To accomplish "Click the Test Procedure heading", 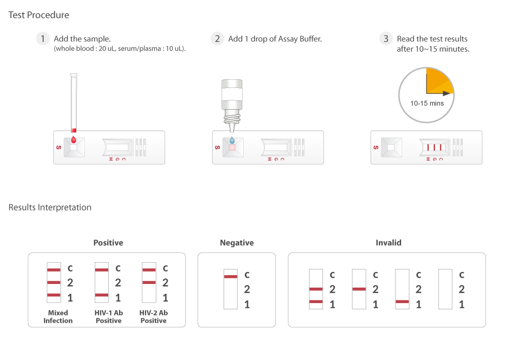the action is pyautogui.click(x=38, y=15).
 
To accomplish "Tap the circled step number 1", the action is pyautogui.click(x=43, y=39).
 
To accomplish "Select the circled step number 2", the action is pyautogui.click(x=217, y=39).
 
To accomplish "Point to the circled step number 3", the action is pyautogui.click(x=386, y=39).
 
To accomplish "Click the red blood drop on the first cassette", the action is pyautogui.click(x=73, y=140).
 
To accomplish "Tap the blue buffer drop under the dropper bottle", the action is pyautogui.click(x=232, y=140).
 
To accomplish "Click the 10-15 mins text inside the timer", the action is pyautogui.click(x=427, y=103).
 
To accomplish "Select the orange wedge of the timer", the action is pyautogui.click(x=438, y=81).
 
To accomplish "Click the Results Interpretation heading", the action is pyautogui.click(x=50, y=207).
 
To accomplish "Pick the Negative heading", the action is pyautogui.click(x=237, y=243).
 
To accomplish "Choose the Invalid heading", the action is pyautogui.click(x=388, y=243).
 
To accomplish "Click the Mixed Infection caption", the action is pyautogui.click(x=58, y=317).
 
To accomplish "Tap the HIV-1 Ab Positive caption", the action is pyautogui.click(x=109, y=317).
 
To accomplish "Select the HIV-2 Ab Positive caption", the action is pyautogui.click(x=153, y=317).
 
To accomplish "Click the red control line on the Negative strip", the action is pyautogui.click(x=230, y=277).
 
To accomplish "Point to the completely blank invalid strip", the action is pyautogui.click(x=445, y=289).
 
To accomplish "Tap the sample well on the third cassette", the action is pyautogui.click(x=391, y=147).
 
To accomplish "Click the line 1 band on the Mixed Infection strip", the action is pyautogui.click(x=54, y=295).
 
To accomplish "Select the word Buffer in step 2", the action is pyautogui.click(x=311, y=39).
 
